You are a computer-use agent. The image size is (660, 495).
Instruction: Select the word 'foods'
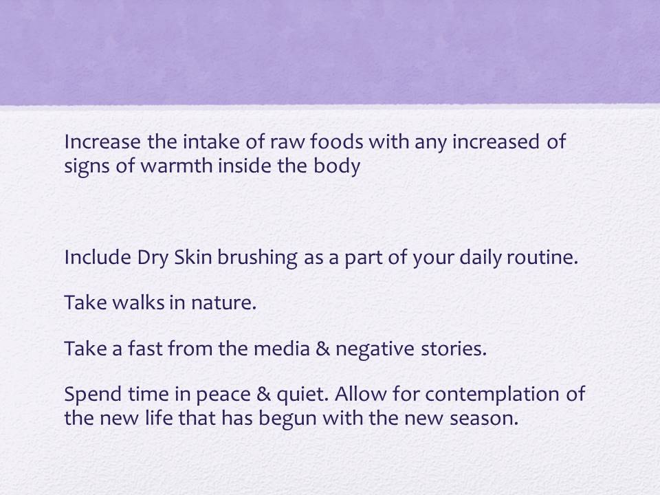337,142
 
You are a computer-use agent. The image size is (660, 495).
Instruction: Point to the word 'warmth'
176,166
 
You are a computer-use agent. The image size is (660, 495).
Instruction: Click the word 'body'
337,166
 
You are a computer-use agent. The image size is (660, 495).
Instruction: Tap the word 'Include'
98,257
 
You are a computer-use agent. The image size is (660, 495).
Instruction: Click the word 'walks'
138,302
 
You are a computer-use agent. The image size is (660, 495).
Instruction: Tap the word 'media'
282,349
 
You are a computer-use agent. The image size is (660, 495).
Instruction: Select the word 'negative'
368,350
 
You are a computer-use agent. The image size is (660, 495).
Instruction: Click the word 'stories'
454,349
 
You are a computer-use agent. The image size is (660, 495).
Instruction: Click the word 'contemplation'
490,395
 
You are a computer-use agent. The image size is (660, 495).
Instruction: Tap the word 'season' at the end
483,419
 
